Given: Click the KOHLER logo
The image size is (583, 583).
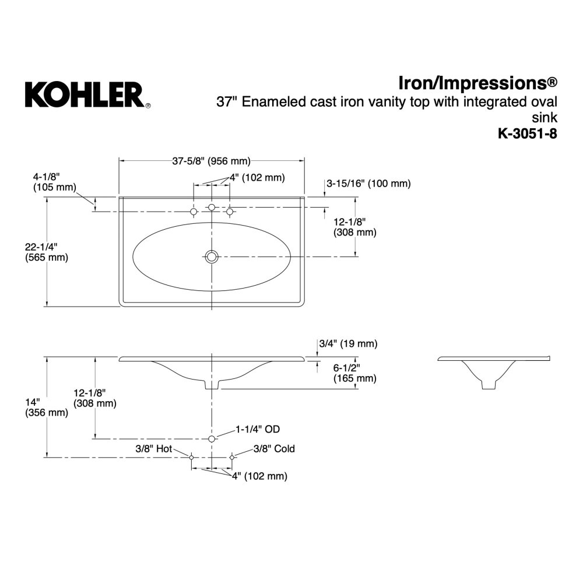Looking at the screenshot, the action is (x=88, y=95).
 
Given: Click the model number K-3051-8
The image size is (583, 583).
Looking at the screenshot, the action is (x=528, y=134).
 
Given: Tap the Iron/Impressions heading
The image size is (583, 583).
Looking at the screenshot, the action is (x=478, y=83).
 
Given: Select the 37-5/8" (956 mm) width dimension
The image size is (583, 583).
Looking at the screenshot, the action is (x=211, y=161).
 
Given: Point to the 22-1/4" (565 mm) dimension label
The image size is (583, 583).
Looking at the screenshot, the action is (x=47, y=252).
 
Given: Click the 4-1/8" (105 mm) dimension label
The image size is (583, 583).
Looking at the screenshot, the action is (x=54, y=181).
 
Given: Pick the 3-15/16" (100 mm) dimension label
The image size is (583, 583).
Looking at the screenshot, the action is (x=368, y=183).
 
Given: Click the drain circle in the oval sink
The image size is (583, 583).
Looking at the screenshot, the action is (x=212, y=257).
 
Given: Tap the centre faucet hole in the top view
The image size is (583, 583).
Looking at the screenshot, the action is (x=212, y=207).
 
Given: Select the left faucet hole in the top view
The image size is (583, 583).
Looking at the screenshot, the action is (x=194, y=212).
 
